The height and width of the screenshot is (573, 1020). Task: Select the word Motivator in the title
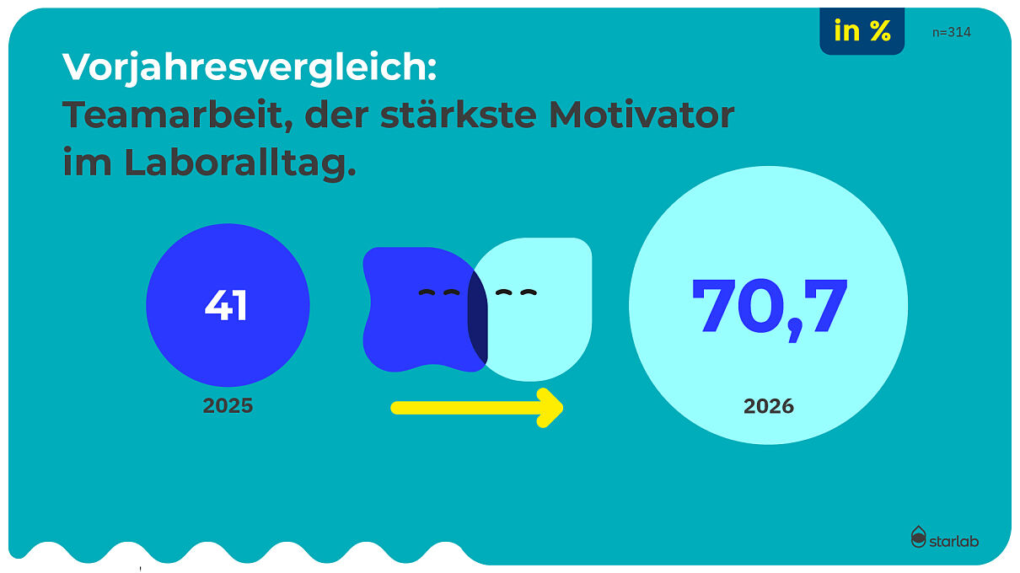pyautogui.click(x=642, y=115)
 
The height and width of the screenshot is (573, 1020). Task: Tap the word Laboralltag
pyautogui.click(x=239, y=162)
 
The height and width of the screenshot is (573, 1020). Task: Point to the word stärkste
pyautogui.click(x=459, y=114)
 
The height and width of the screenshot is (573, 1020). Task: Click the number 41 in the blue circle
pyautogui.click(x=226, y=305)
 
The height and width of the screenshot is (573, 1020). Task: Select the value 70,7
pyautogui.click(x=769, y=309)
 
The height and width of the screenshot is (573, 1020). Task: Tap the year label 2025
pyautogui.click(x=228, y=405)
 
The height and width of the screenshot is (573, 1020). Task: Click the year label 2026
pyautogui.click(x=769, y=406)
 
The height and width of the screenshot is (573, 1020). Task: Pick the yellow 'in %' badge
pyautogui.click(x=862, y=31)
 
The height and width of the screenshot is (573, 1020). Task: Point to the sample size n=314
pyautogui.click(x=952, y=32)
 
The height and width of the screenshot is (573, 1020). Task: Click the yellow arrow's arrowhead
pyautogui.click(x=550, y=408)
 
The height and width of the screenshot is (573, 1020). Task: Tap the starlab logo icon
pyautogui.click(x=918, y=537)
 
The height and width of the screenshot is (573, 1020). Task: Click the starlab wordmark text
pyautogui.click(x=954, y=541)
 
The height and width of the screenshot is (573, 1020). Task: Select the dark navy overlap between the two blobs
pyautogui.click(x=478, y=317)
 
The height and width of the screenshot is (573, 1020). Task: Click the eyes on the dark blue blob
pyautogui.click(x=439, y=292)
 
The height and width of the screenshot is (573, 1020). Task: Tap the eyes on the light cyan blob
pyautogui.click(x=517, y=292)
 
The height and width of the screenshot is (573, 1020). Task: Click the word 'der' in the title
pyautogui.click(x=336, y=115)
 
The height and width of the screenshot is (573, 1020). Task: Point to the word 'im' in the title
pyautogui.click(x=87, y=162)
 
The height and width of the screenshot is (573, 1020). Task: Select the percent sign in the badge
pyautogui.click(x=880, y=31)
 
